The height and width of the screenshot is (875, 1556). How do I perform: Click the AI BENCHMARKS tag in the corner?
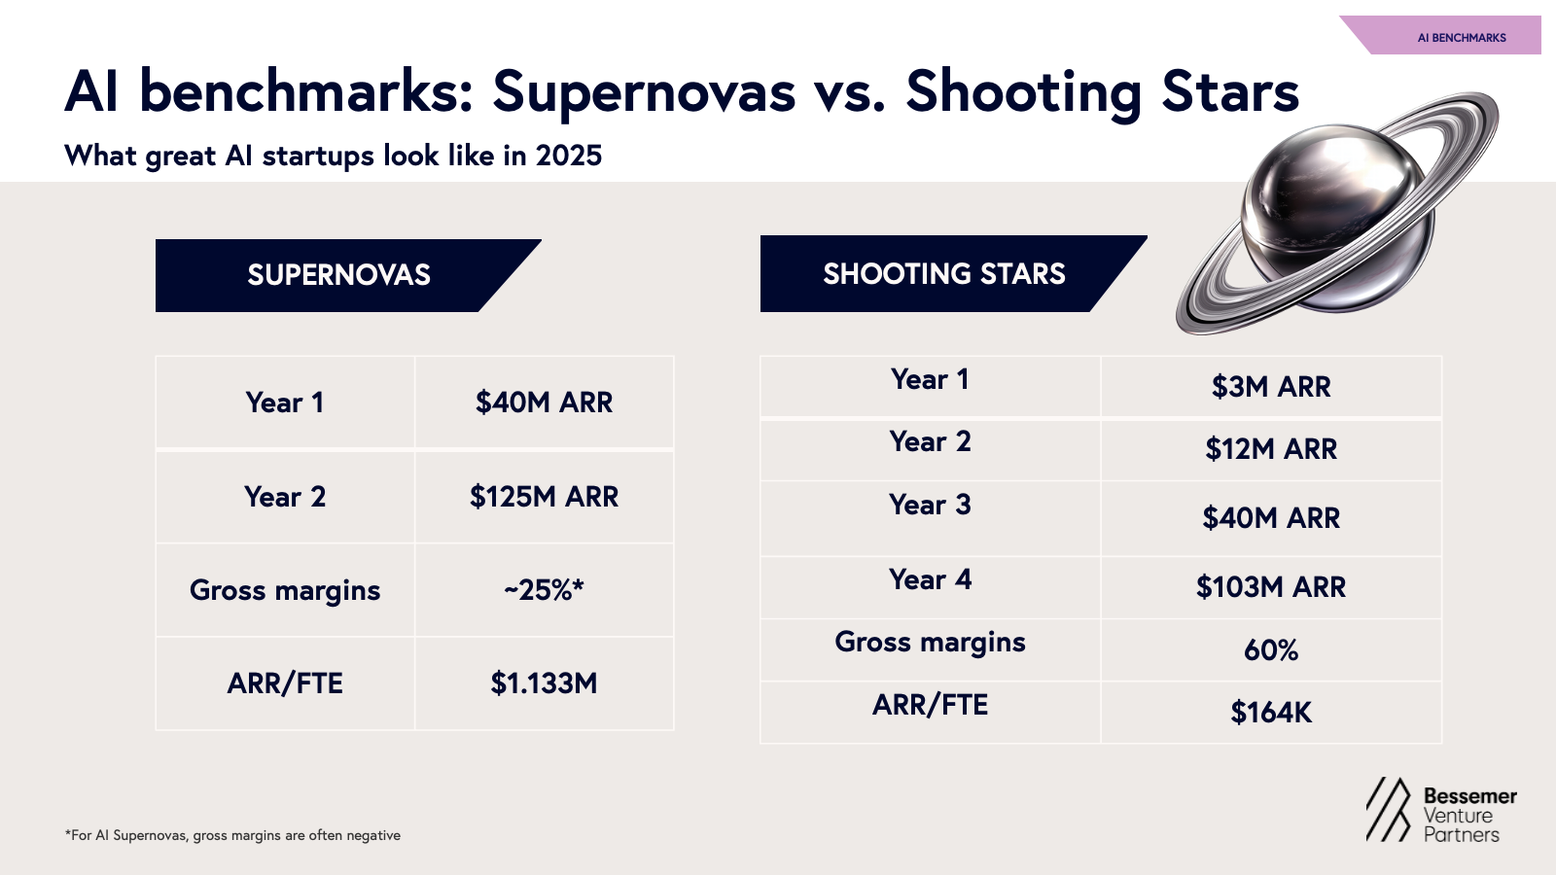(1461, 38)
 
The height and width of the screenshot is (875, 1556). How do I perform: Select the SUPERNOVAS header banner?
(338, 275)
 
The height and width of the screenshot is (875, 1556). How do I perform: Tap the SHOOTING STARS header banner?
(943, 274)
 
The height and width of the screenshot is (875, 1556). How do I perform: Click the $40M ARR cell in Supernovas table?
(544, 402)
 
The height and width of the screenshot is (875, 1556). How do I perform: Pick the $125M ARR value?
(544, 497)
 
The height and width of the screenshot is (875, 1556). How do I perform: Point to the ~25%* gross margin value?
(544, 590)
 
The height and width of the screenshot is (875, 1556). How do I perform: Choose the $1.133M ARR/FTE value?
(544, 683)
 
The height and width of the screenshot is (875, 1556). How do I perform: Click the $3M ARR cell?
(1270, 387)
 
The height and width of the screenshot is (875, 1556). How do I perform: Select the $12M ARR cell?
(1270, 449)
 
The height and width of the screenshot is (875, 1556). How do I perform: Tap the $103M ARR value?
(1270, 587)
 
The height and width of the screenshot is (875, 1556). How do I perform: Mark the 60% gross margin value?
(1270, 650)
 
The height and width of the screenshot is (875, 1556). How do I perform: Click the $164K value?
(1270, 713)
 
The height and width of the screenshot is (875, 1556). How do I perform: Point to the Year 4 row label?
(930, 580)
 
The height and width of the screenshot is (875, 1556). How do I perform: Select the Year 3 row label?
(930, 506)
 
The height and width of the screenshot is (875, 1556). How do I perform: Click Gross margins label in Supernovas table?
(285, 590)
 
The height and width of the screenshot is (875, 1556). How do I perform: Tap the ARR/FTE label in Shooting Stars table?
(930, 705)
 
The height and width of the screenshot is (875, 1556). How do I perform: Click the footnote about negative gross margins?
(232, 835)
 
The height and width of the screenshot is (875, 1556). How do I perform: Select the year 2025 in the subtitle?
(569, 156)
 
